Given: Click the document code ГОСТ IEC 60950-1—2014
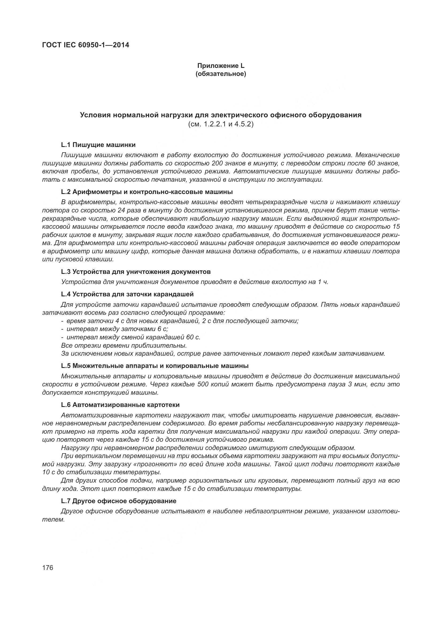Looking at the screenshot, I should pyautogui.click(x=86, y=45).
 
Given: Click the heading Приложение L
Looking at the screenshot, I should pyautogui.click(x=221, y=66).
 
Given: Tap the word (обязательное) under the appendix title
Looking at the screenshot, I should pyautogui.click(x=221, y=74).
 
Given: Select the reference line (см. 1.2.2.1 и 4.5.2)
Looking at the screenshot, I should pyautogui.click(x=221, y=125).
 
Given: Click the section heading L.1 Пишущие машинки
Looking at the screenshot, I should pyautogui.click(x=98, y=145).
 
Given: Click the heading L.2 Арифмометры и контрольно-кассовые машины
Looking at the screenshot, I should pyautogui.click(x=147, y=192).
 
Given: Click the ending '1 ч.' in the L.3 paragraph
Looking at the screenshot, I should pyautogui.click(x=323, y=282).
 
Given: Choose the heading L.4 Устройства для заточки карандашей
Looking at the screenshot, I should pyautogui.click(x=127, y=294).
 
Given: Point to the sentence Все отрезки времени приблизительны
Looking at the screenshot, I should pyautogui.click(x=124, y=346).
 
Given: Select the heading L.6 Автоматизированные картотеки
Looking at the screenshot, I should pyautogui.click(x=120, y=405).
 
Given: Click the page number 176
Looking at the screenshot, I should pyautogui.click(x=48, y=568).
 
